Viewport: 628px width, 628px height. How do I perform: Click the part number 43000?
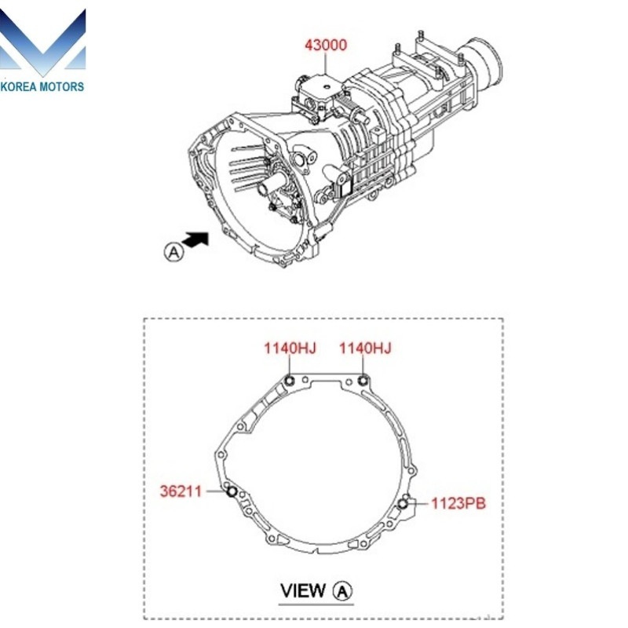pos(326,45)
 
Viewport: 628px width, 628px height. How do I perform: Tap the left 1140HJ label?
pos(290,349)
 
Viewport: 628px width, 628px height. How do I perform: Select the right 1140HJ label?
pos(365,349)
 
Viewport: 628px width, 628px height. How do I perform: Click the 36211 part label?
pos(181,491)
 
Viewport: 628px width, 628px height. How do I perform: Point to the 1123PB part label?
pos(458,503)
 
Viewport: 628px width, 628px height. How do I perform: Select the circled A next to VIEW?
pos(343,590)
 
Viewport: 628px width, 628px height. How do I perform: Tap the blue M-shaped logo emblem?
pos(43,43)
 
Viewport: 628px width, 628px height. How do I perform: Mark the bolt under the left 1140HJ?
pos(290,382)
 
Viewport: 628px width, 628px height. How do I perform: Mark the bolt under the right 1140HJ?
pos(363,382)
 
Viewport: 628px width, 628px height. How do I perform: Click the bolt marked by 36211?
pos(232,492)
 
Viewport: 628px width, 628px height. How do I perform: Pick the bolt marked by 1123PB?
pos(403,503)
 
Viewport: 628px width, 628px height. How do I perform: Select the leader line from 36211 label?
pos(215,491)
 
